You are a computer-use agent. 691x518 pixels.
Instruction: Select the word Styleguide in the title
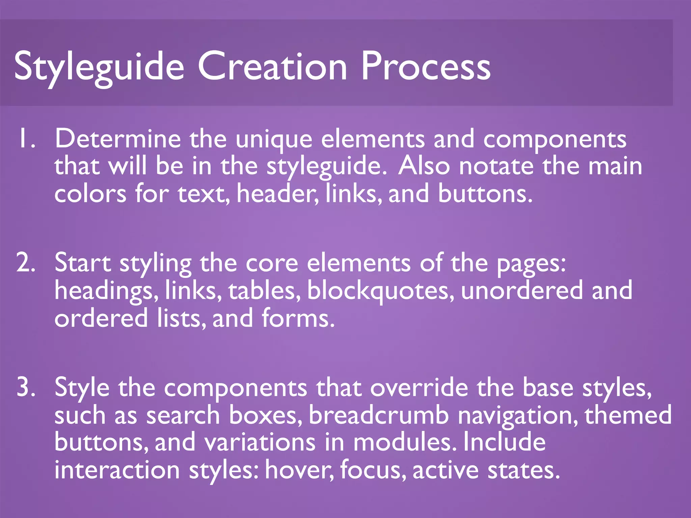coord(99,67)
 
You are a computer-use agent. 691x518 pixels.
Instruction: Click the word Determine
coord(118,139)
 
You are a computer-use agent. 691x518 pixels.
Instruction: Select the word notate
coord(496,166)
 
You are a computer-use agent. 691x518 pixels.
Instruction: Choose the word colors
coord(90,194)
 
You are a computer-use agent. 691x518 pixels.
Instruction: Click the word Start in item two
coord(83,263)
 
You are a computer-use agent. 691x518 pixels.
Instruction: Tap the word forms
coord(298,318)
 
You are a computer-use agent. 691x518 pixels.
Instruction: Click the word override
coord(419,387)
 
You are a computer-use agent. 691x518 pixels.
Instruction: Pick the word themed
coord(628,415)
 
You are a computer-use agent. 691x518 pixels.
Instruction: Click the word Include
coord(504,442)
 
